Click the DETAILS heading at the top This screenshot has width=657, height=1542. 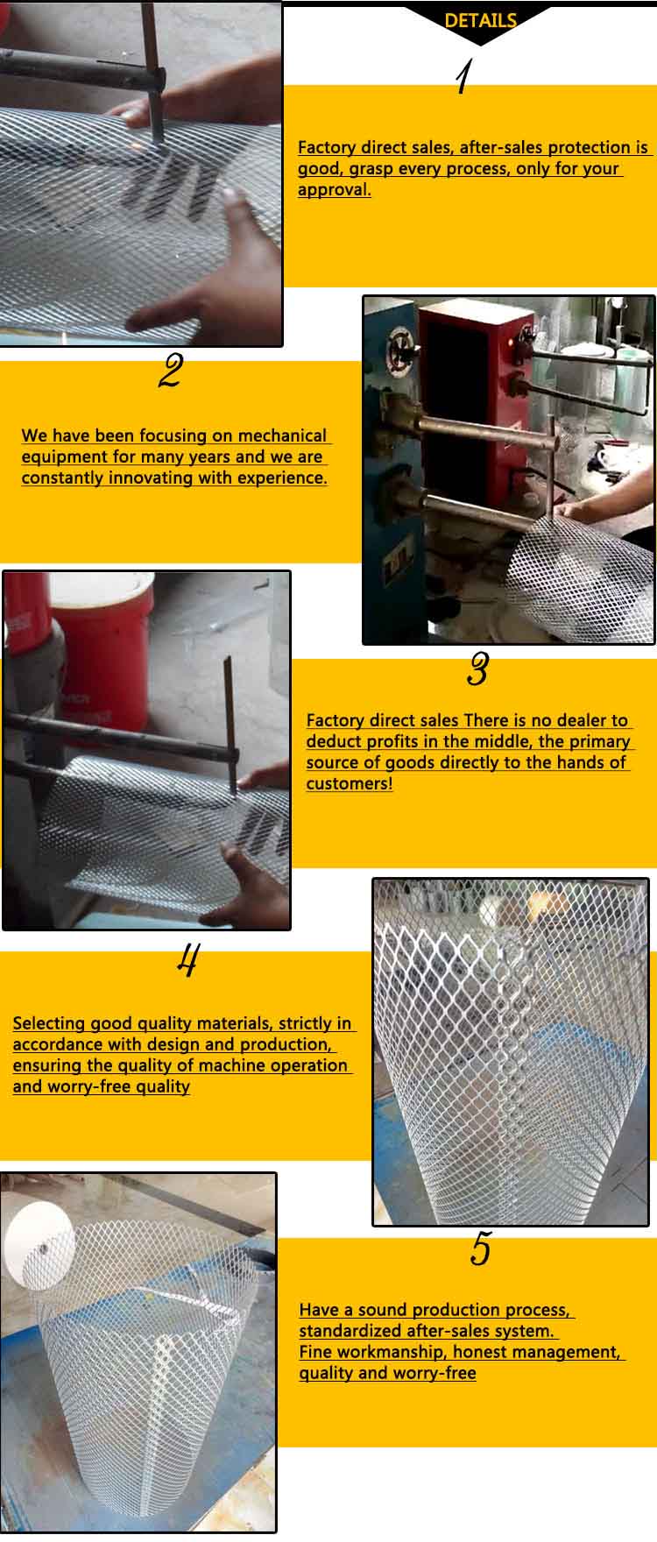pos(480,21)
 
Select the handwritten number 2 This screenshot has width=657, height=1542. pos(171,371)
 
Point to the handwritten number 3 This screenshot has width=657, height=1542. pos(477,669)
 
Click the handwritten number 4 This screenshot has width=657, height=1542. pos(187,960)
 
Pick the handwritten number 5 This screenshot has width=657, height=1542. pos(481,1248)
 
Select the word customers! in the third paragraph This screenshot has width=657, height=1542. pos(350,783)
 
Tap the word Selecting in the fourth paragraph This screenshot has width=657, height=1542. pos(48,1023)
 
